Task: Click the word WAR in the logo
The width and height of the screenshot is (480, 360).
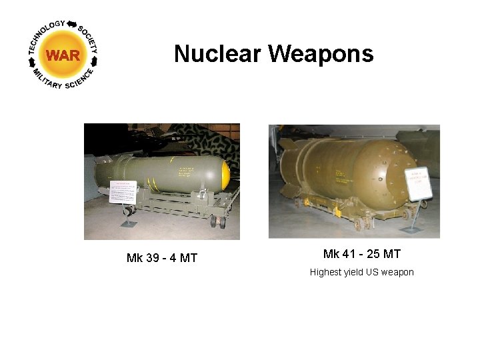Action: click(63, 55)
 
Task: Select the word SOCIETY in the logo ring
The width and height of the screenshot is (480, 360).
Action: click(88, 39)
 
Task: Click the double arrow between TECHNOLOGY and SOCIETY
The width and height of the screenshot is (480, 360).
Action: click(71, 24)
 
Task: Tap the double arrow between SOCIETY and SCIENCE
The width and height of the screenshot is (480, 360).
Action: click(94, 61)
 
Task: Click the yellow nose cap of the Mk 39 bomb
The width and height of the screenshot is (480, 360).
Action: click(225, 175)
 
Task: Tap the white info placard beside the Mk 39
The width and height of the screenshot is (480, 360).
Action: click(122, 191)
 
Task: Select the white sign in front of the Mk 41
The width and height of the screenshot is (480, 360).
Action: click(419, 184)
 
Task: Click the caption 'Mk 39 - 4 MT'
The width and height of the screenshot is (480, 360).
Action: click(162, 258)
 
